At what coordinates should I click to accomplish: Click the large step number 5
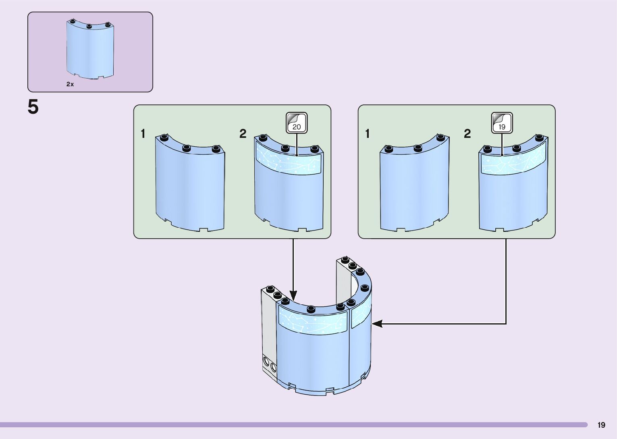[x=33, y=107]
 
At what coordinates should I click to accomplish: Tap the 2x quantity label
[x=70, y=84]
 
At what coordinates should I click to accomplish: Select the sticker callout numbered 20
[x=296, y=123]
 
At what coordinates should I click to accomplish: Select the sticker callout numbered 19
[x=502, y=123]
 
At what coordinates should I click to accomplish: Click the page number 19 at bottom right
[x=601, y=425]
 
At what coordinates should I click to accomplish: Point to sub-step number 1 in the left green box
[x=143, y=134]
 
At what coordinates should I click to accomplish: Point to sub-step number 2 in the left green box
[x=243, y=134]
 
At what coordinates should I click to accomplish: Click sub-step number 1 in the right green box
[x=367, y=134]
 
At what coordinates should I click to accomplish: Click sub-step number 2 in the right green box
[x=467, y=134]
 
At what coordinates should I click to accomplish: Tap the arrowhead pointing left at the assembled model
[x=377, y=324]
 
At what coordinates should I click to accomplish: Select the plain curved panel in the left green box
[x=190, y=183]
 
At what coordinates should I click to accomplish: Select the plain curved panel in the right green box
[x=415, y=183]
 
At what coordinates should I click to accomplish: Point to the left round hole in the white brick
[x=266, y=361]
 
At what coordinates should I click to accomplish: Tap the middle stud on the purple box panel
[x=89, y=26]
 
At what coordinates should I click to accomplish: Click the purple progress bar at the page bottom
[x=294, y=424]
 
